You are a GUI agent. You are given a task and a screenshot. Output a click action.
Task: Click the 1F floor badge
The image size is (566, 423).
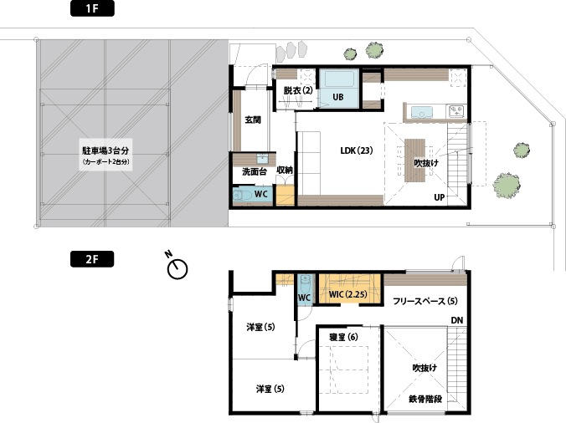point(92,8)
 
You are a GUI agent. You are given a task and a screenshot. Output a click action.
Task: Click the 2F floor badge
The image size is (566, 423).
point(92,259)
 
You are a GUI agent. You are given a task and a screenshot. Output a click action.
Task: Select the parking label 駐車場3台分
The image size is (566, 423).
point(105,150)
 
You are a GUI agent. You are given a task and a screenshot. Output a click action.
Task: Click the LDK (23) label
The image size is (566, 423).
point(357,150)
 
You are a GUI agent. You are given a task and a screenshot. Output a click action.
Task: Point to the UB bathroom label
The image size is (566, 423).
point(338,97)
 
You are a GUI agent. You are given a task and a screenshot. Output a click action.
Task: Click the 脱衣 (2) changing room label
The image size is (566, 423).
point(298,90)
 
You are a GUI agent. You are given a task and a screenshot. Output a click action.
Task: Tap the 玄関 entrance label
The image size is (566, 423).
point(253,120)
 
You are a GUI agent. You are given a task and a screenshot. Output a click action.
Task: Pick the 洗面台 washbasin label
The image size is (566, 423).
point(255,172)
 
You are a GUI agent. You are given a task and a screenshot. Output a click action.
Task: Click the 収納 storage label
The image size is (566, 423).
point(285,170)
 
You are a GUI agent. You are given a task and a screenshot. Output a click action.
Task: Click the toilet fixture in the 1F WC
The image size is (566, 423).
point(242,196)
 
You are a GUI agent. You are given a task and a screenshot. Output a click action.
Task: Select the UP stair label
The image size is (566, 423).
point(440,197)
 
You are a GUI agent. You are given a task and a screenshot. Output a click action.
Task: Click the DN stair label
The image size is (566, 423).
point(457,320)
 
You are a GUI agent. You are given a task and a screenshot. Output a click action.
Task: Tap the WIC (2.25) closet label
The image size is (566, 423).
point(348,294)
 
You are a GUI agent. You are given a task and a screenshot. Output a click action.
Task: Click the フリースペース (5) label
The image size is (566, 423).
point(425,301)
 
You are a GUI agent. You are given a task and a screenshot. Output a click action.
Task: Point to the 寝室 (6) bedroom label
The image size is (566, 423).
point(343,337)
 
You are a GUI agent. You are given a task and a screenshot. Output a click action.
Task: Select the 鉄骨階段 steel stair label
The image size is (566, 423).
point(425,399)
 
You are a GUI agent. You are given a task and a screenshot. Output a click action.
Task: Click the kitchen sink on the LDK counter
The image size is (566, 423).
point(422,112)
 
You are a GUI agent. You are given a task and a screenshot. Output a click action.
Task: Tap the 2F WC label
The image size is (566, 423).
point(304,298)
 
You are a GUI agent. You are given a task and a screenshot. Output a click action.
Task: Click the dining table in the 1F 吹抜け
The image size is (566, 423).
point(414,161)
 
